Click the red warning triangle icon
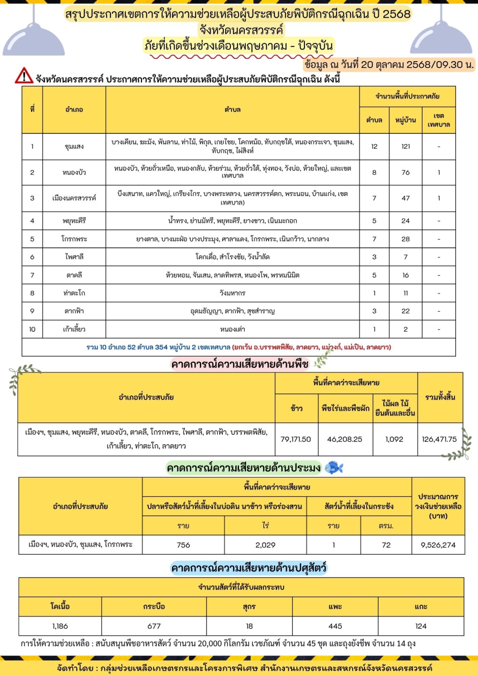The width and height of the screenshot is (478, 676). tap(24, 76)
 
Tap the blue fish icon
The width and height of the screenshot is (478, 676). tap(334, 468)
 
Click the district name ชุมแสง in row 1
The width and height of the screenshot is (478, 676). tap(74, 146)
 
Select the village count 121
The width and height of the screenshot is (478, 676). tap(405, 146)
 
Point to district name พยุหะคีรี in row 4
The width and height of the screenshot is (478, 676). tap(74, 221)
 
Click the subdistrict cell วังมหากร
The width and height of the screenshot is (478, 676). tap(232, 293)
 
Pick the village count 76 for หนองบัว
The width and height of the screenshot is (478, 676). tap(405, 172)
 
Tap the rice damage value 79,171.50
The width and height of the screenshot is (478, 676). tap(295, 439)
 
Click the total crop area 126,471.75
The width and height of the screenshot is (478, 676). tap(439, 439)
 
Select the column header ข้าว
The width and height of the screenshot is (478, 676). tap(296, 408)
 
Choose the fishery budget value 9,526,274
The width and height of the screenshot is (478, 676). tap(438, 545)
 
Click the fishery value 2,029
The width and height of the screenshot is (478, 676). tap(265, 545)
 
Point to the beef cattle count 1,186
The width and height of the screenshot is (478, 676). tap(60, 626)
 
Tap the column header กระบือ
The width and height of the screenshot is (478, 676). tap(154, 606)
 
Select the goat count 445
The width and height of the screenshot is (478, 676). tap(335, 626)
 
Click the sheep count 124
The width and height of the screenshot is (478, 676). tap(421, 626)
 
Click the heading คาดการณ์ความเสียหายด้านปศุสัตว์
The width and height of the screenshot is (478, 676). tap(249, 568)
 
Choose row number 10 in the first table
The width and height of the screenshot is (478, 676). tap(32, 329)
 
